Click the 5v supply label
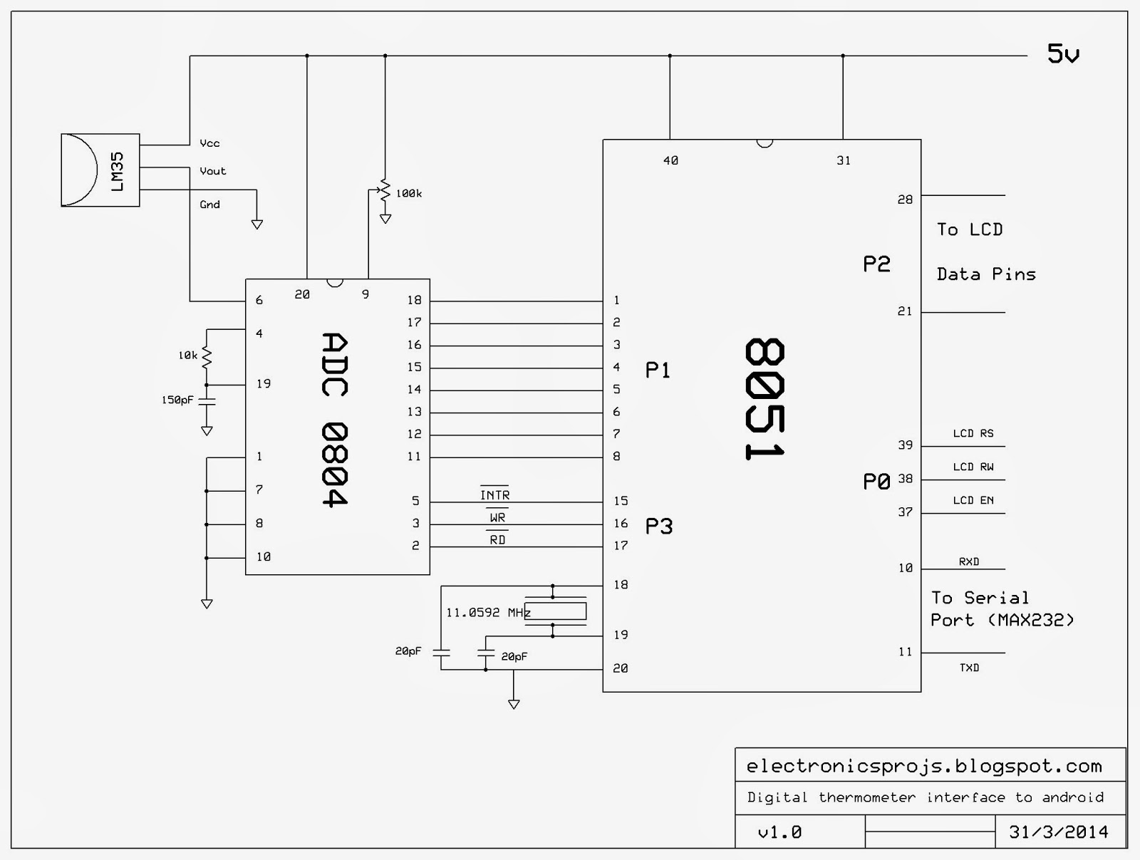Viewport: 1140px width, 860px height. pos(1063,54)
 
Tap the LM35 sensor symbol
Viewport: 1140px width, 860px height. pos(100,170)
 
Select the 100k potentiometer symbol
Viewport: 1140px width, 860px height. pos(385,192)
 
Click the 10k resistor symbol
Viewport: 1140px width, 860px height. pos(207,356)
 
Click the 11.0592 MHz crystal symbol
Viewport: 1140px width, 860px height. pos(555,611)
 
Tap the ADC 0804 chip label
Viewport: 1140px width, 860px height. pos(334,420)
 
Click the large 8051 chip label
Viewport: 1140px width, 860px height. pos(765,399)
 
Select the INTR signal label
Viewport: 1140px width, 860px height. pos(494,495)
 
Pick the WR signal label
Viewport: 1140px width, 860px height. pos(497,518)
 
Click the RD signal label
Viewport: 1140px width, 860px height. pos(497,540)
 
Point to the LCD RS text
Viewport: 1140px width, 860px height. pos(973,433)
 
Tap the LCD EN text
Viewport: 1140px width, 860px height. pos(973,500)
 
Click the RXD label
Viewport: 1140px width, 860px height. pos(968,561)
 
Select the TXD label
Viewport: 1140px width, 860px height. pos(968,668)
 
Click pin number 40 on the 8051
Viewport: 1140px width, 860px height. pos(670,161)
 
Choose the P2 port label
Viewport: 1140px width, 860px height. pos(876,264)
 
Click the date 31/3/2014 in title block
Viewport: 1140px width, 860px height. pos(1058,831)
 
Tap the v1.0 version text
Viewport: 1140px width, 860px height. pos(779,832)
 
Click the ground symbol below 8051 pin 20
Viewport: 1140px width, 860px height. pos(514,704)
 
